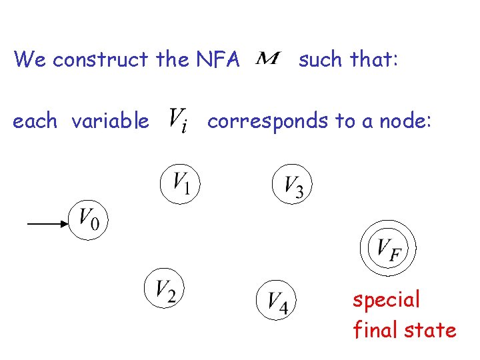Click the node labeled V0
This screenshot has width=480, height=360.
(x=89, y=218)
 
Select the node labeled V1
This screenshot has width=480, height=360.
(x=181, y=183)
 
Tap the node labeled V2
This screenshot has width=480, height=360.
(x=164, y=288)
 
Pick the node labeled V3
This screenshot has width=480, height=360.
(x=293, y=184)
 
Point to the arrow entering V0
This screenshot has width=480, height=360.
(x=47, y=225)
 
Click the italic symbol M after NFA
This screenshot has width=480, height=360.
(x=268, y=59)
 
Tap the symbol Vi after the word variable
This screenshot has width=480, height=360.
(x=178, y=121)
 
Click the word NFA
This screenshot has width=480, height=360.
(x=218, y=60)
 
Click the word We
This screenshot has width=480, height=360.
(x=31, y=60)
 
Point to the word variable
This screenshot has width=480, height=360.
(x=110, y=121)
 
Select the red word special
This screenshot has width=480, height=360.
(x=387, y=300)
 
